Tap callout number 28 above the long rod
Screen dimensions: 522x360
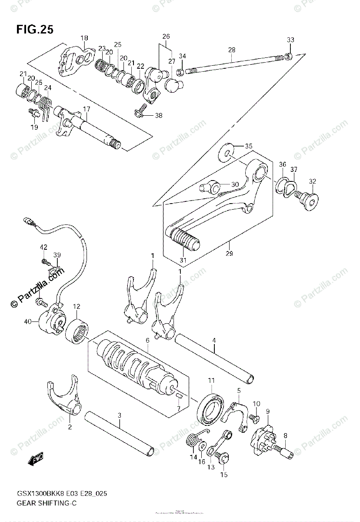231,50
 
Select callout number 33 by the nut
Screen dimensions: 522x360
290,40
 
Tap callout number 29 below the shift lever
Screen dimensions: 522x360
230,254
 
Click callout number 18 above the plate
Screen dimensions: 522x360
84,38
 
